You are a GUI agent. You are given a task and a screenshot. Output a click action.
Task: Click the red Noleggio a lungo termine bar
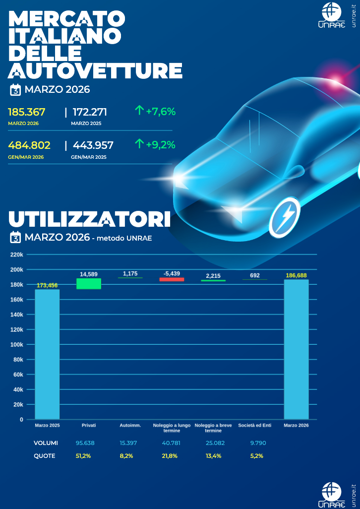172,279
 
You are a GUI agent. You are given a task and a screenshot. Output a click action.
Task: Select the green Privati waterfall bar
88,283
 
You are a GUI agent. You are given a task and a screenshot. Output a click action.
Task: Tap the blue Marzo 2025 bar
47,354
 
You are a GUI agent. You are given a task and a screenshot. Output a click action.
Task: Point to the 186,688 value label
296,275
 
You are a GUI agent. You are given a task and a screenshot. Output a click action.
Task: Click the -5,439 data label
172,274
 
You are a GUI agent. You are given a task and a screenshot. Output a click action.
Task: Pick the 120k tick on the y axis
17,329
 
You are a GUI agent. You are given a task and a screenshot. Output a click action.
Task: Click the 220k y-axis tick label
17,254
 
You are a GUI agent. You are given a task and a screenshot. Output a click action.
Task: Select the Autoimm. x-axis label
130,426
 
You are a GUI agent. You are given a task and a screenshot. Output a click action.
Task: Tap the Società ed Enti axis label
254,426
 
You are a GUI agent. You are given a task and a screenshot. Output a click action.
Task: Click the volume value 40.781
172,443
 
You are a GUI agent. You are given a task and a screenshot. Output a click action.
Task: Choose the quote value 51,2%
83,456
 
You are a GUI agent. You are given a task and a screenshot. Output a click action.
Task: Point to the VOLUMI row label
46,443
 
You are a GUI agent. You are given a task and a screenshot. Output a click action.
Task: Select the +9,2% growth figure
161,145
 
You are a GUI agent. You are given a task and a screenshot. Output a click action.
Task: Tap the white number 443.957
93,145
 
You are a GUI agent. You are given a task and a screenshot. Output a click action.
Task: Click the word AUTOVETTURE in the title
95,70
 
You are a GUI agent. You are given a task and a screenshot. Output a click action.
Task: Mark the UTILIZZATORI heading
89,219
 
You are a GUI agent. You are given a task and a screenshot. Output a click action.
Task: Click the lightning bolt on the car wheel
286,217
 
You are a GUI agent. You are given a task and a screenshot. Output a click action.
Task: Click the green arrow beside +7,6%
139,111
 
